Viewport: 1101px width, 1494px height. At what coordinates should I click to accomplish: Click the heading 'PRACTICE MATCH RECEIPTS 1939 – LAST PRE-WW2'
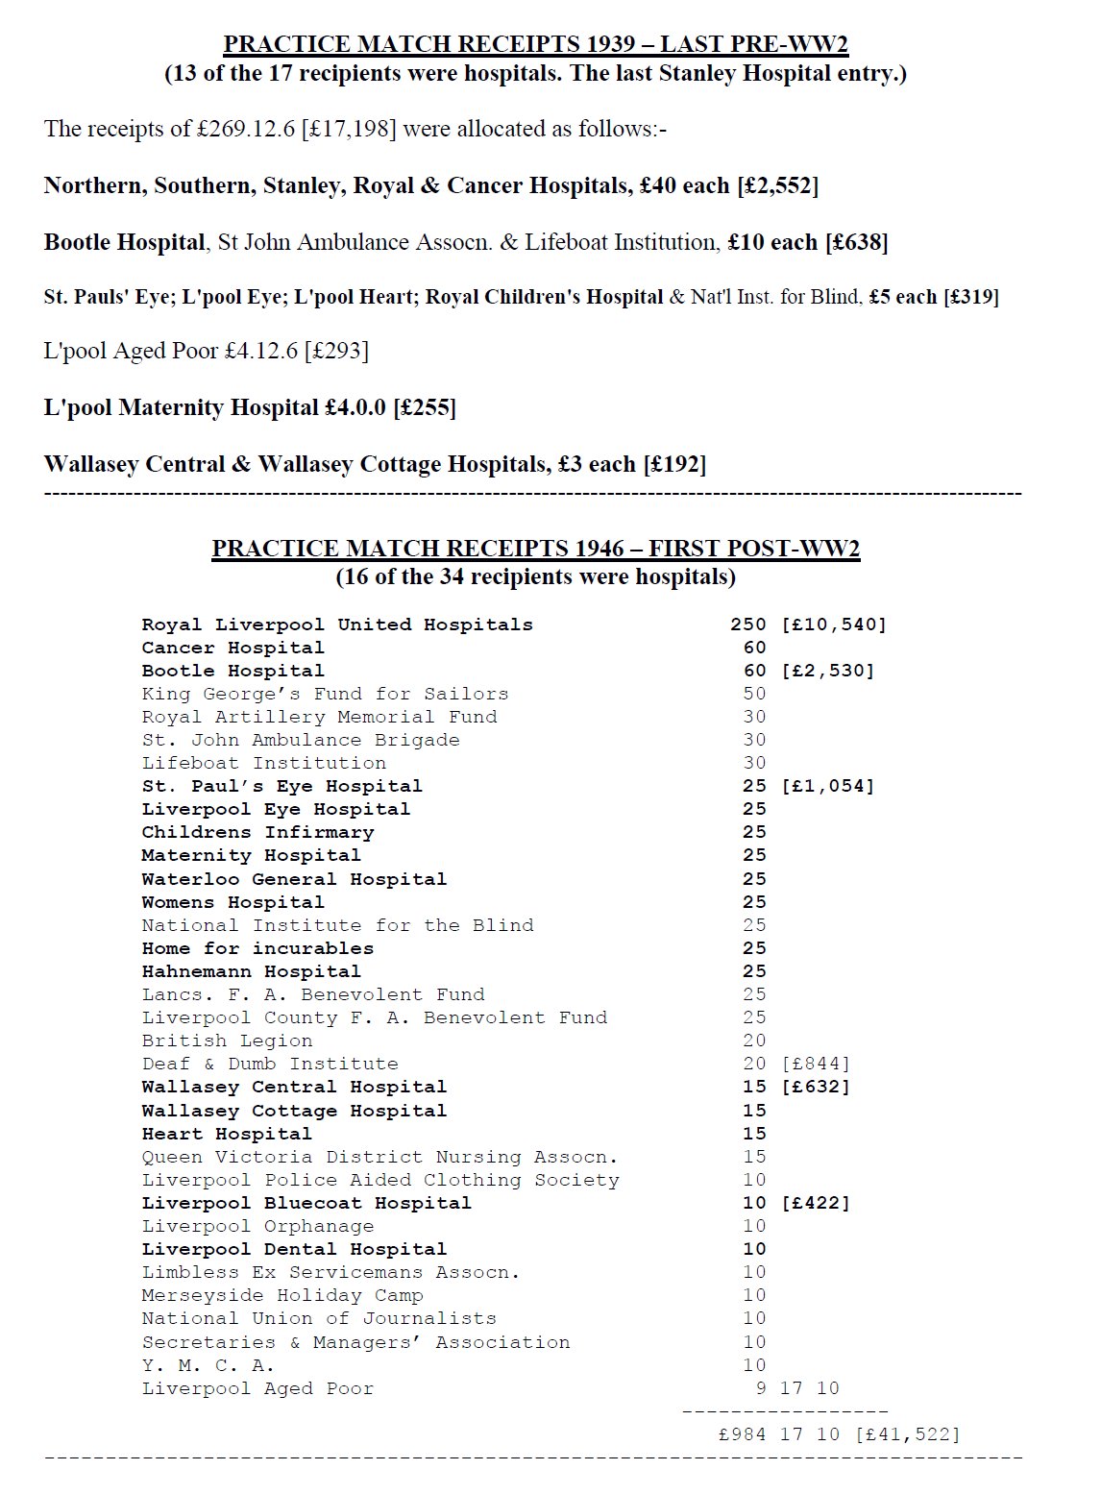click(x=535, y=44)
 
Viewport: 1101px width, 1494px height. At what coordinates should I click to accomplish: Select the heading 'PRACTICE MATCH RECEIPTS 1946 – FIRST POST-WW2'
click(x=535, y=549)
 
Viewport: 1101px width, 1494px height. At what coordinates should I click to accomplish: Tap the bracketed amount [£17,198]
click(x=349, y=129)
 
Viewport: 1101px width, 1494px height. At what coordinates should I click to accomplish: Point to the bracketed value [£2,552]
click(x=777, y=185)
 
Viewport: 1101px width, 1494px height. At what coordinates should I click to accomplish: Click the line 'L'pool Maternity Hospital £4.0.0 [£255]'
click(x=250, y=407)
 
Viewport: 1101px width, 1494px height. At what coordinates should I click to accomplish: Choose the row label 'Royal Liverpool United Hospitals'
click(x=337, y=625)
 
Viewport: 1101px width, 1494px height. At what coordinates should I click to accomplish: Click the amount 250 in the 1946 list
click(x=748, y=625)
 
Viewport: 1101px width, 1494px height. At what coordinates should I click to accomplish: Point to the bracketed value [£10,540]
click(x=834, y=625)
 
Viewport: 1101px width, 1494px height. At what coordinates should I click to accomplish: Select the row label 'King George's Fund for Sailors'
click(x=325, y=694)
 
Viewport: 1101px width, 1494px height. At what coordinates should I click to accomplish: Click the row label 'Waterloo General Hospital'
click(x=294, y=879)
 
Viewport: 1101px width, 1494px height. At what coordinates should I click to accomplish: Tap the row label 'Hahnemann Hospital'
click(x=252, y=971)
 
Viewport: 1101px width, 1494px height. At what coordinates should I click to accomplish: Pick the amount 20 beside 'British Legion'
click(x=754, y=1041)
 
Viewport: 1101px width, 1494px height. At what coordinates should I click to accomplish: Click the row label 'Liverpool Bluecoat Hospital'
click(x=306, y=1203)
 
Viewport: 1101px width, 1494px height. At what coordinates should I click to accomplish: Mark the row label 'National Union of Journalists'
click(x=319, y=1318)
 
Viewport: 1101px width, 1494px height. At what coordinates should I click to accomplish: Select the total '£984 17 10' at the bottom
click(x=778, y=1434)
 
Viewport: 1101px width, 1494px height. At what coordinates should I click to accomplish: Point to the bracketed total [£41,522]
click(x=907, y=1434)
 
